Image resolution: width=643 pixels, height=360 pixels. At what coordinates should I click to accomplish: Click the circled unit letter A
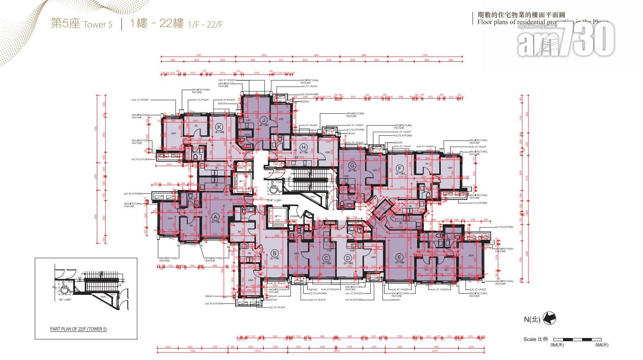click(x=215, y=217)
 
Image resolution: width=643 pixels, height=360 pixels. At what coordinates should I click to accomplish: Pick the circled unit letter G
click(x=351, y=165)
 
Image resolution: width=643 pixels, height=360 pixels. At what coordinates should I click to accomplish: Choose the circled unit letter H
click(x=303, y=147)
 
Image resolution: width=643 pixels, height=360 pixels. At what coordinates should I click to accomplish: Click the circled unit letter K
click(x=219, y=127)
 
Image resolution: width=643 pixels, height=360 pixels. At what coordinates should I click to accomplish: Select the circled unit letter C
click(x=326, y=258)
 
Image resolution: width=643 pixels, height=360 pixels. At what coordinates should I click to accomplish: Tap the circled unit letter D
click(x=348, y=258)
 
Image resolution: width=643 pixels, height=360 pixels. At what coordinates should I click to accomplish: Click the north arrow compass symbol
click(x=549, y=319)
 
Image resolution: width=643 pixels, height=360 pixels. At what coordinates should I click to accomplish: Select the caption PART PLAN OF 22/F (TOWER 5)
click(x=78, y=329)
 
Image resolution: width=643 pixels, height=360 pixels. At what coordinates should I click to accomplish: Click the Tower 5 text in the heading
click(x=98, y=25)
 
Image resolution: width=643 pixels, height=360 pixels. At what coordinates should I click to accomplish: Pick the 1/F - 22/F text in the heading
click(x=206, y=25)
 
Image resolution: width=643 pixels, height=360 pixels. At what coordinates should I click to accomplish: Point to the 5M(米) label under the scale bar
click(x=601, y=345)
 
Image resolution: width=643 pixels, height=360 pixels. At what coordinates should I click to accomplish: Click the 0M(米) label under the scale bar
click(x=557, y=345)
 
